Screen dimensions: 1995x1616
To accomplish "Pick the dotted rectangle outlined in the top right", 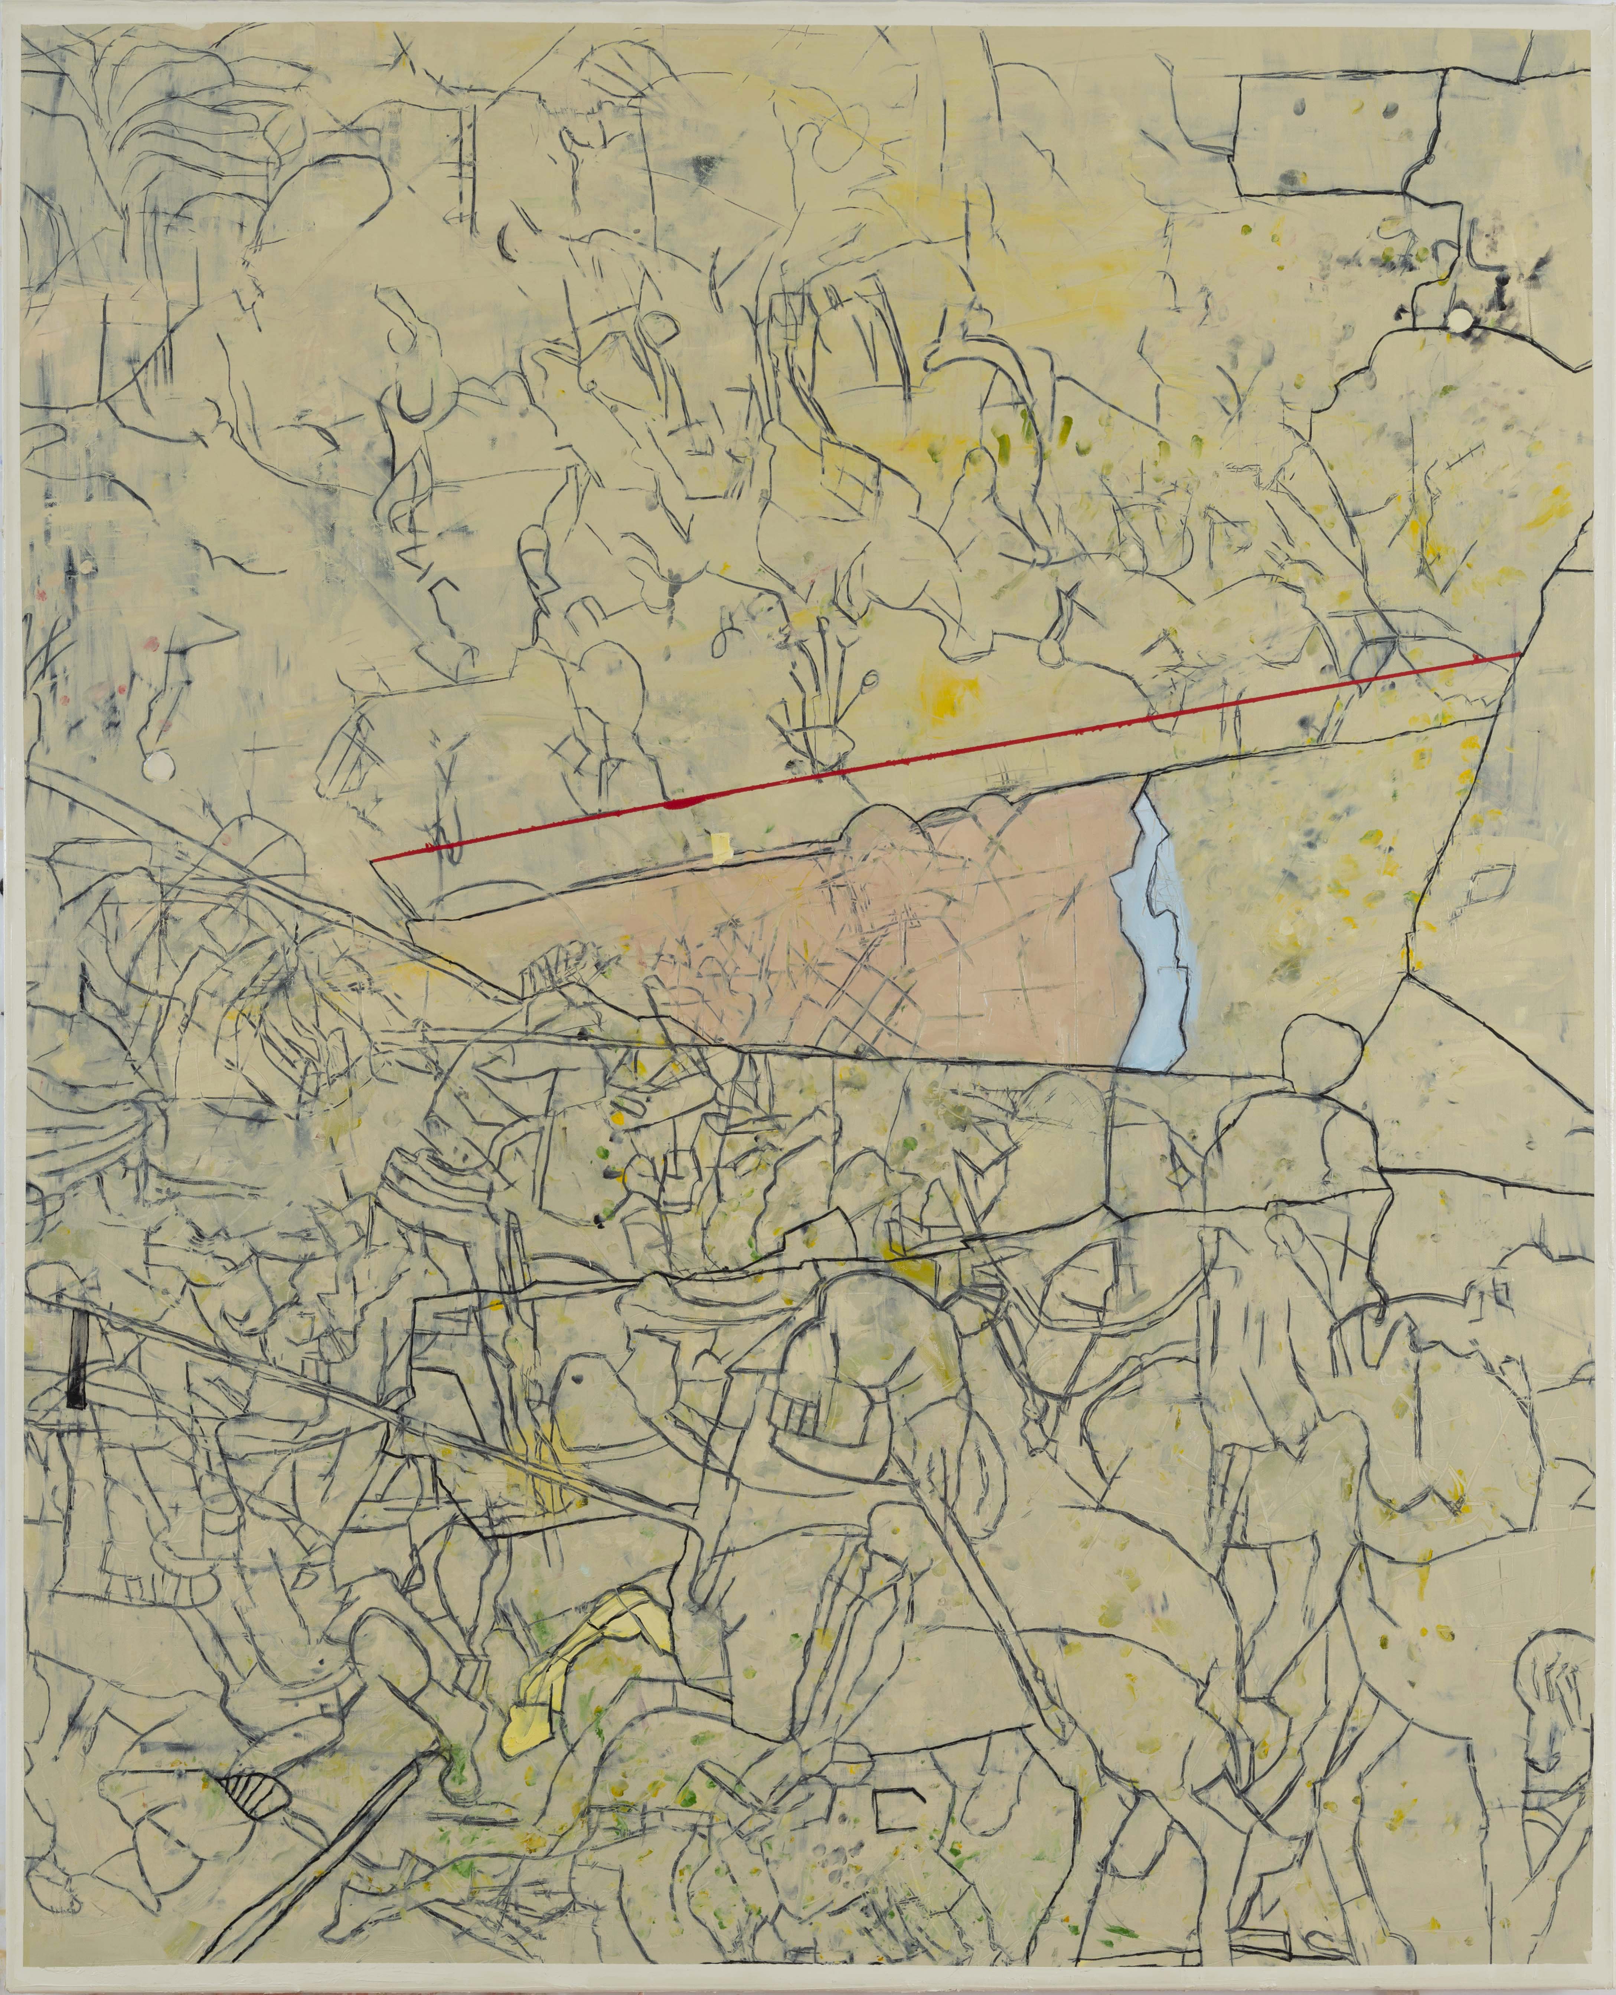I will [x=1341, y=130].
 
